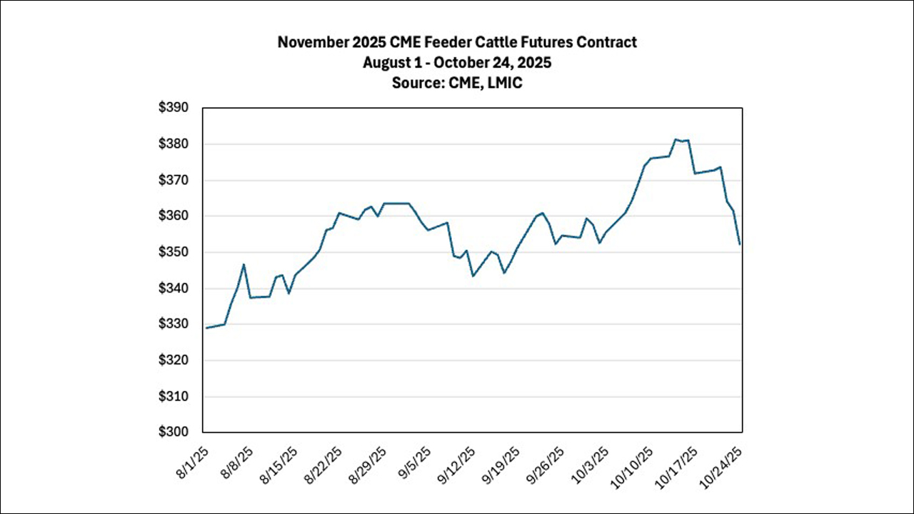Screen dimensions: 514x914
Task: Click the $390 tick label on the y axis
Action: tap(174, 108)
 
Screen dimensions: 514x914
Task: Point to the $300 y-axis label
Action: tap(174, 432)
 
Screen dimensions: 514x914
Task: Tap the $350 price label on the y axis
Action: tap(174, 252)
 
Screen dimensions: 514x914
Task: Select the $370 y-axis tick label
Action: tap(174, 180)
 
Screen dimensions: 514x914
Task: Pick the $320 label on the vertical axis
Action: tap(174, 361)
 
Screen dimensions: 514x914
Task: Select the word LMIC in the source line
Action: tap(503, 82)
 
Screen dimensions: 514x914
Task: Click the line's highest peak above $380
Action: tap(676, 139)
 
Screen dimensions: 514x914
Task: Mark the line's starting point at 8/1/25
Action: tap(206, 328)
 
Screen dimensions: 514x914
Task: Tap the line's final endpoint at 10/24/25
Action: tap(740, 245)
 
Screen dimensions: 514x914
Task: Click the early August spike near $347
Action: tap(243, 264)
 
